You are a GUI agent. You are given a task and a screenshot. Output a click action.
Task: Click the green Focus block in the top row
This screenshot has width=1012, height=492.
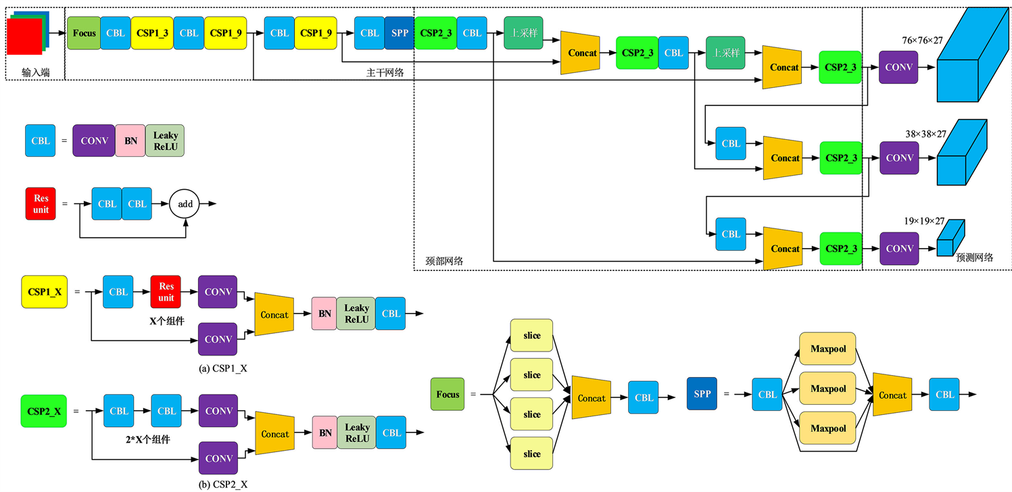(84, 32)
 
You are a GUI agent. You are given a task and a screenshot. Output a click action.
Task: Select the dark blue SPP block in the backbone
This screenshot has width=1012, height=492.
(399, 32)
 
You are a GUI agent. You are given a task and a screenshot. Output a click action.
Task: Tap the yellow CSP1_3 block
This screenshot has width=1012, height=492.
(152, 32)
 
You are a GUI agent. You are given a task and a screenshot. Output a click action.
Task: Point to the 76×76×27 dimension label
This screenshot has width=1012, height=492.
(922, 41)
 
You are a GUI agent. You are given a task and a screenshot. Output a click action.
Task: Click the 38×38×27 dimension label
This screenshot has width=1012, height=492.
(925, 134)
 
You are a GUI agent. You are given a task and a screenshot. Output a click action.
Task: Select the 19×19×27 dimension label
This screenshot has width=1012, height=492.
(923, 221)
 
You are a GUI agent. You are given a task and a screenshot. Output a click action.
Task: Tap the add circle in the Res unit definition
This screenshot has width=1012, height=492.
(185, 203)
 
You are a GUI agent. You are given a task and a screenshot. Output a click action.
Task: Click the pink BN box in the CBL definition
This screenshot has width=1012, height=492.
(130, 141)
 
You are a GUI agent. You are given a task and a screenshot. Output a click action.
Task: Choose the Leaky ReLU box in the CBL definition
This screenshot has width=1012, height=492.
(165, 141)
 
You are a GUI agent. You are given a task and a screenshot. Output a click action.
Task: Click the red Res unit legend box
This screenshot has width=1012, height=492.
(41, 203)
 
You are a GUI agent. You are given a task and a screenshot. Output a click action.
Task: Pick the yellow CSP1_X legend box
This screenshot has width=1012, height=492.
(44, 292)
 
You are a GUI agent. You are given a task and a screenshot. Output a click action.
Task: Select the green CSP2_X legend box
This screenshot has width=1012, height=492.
(44, 411)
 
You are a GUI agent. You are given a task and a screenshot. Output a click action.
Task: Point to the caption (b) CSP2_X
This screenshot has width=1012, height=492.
(218, 484)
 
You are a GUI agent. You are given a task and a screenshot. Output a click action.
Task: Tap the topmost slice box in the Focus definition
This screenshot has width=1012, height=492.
(532, 336)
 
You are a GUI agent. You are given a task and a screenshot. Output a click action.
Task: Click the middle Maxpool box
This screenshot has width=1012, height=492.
(828, 389)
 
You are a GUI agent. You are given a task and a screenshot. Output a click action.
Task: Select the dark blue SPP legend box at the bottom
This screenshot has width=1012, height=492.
(702, 394)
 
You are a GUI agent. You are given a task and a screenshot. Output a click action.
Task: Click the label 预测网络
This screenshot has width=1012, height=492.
(974, 257)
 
